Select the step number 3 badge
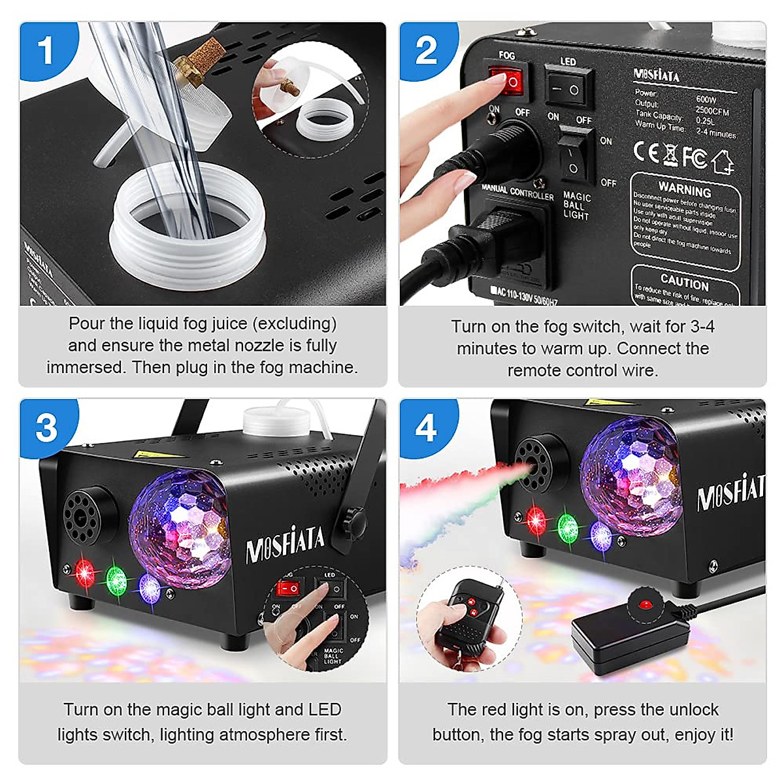tap(46, 428)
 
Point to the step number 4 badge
tap(425, 428)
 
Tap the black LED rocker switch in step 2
tap(568, 88)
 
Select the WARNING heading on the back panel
tap(684, 191)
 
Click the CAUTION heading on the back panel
tap(684, 282)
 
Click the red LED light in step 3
tap(84, 572)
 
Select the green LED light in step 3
tap(116, 579)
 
